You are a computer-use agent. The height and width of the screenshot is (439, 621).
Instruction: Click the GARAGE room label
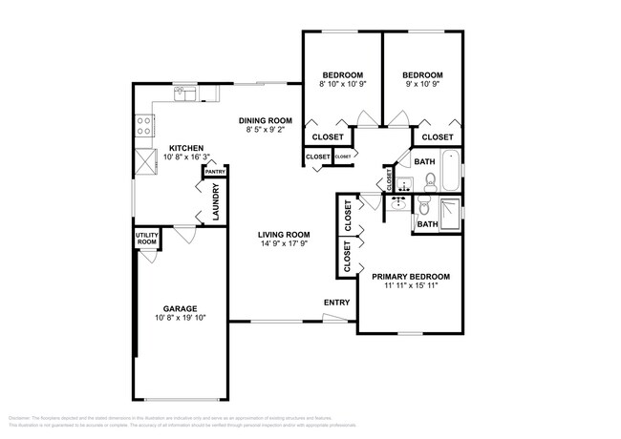click(180, 308)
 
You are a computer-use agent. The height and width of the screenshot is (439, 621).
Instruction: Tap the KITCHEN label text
click(184, 148)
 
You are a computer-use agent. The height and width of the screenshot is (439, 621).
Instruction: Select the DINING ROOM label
click(265, 120)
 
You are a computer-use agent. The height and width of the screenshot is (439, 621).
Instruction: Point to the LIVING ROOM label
click(285, 235)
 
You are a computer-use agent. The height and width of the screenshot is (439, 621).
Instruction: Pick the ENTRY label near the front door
click(336, 303)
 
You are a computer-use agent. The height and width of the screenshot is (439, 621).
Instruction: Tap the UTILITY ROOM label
click(145, 239)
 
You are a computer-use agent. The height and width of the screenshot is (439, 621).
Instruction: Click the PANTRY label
click(214, 172)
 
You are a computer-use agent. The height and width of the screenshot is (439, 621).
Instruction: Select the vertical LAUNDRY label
click(215, 201)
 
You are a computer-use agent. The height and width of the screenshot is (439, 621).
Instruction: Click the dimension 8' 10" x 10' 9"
click(342, 85)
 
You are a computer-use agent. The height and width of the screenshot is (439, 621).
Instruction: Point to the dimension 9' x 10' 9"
click(422, 85)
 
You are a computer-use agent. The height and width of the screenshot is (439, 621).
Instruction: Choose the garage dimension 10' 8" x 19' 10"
click(180, 318)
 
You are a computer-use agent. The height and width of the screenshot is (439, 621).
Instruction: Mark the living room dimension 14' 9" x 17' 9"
click(285, 244)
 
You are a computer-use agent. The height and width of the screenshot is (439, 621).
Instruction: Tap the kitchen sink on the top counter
click(182, 94)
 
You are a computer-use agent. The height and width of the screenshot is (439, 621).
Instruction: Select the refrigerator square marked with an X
click(146, 162)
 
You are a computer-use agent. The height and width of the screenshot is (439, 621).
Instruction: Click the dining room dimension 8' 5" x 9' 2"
click(265, 130)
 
